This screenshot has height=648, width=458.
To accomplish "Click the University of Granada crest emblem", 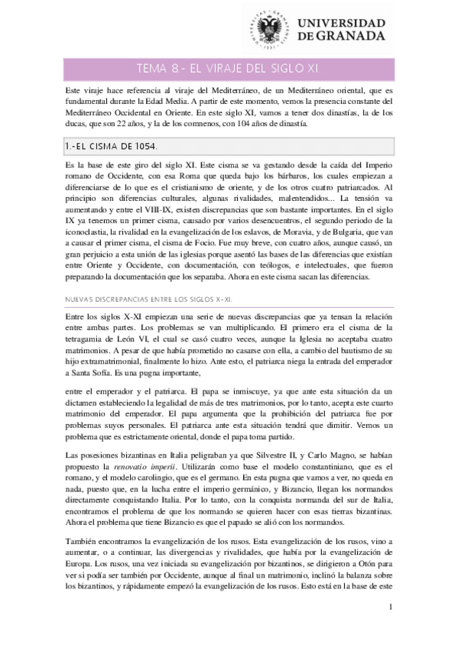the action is (x=269, y=28).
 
